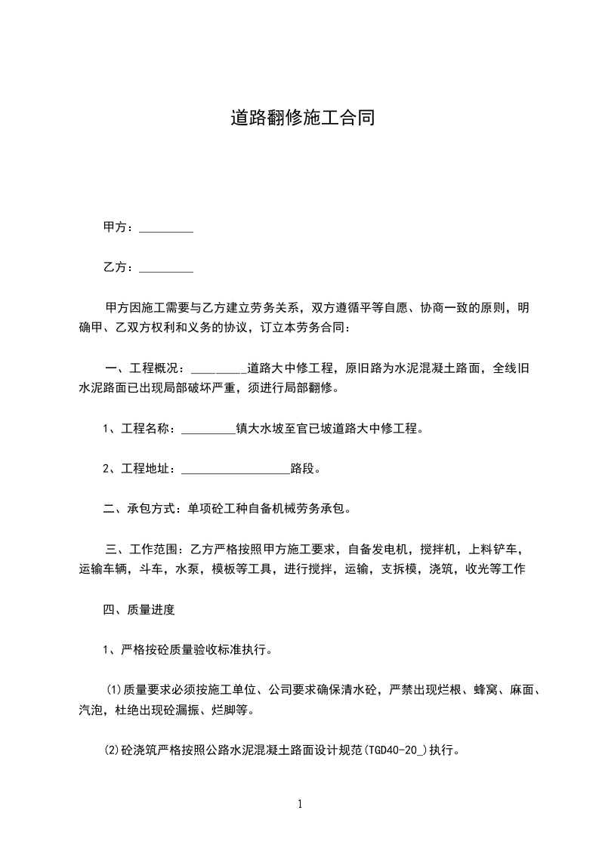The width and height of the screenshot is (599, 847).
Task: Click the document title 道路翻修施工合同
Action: tap(302, 119)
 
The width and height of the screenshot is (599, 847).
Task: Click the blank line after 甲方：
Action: tap(166, 229)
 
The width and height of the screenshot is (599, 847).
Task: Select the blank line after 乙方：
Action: tap(166, 269)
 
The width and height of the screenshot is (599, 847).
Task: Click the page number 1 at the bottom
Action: tap(300, 805)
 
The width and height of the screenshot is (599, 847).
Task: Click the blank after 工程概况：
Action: tap(219, 370)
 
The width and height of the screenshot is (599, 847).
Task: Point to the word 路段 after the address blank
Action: tap(301, 469)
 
